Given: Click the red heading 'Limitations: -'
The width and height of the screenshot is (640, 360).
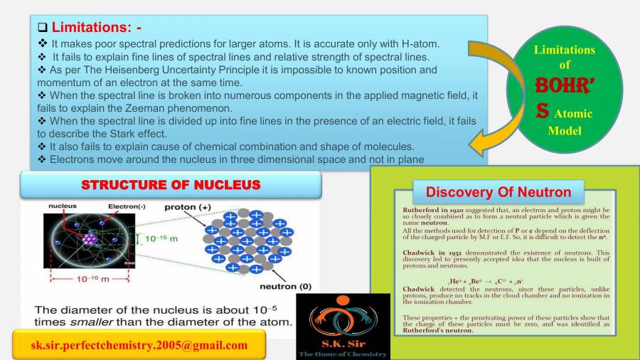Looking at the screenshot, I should (x=97, y=28).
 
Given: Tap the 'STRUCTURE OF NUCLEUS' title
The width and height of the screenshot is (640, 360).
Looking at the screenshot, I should (x=171, y=185).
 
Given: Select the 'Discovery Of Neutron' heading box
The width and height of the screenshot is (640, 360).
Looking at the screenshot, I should (x=498, y=192).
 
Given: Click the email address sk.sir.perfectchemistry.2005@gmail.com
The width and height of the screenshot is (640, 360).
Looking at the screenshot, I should (x=139, y=346).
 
